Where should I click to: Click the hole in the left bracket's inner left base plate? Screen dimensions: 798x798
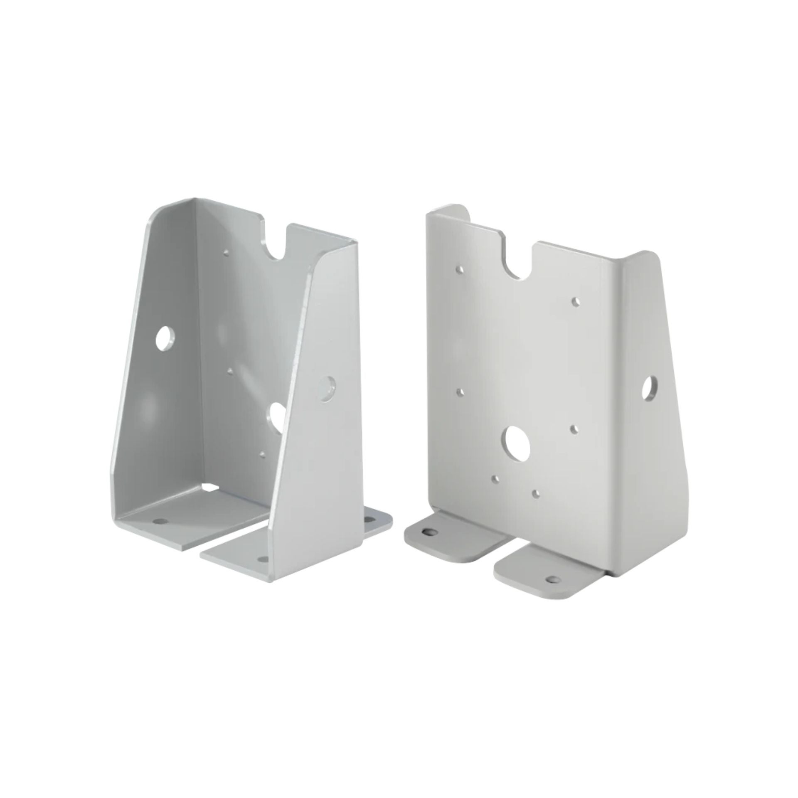coord(160,521)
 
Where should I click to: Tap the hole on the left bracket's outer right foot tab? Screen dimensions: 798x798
coord(369,519)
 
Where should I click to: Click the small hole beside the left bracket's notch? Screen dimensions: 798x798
coord(226,252)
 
